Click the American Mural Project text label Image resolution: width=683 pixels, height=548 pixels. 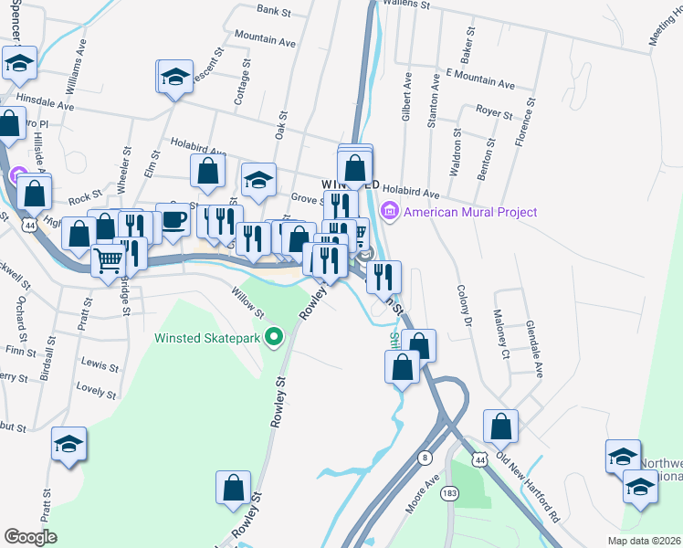point(470,212)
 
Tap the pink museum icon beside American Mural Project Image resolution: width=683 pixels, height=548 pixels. point(390,212)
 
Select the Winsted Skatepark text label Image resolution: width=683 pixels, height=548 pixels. point(207,338)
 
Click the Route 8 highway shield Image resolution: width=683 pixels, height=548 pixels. point(426,457)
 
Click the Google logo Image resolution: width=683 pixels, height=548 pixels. point(31,537)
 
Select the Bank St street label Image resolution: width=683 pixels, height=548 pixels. point(273,11)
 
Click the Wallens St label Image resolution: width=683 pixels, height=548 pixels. point(406,5)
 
